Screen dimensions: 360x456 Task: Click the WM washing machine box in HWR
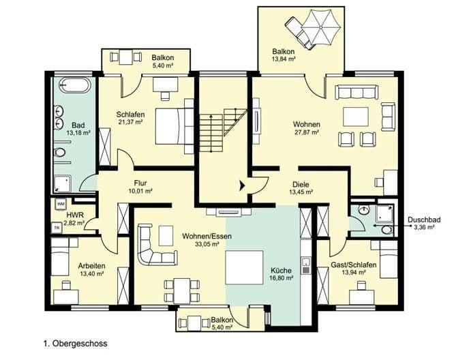[61, 204]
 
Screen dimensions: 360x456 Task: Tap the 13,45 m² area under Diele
[300, 192]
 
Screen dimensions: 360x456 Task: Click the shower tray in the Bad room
[63, 183]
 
